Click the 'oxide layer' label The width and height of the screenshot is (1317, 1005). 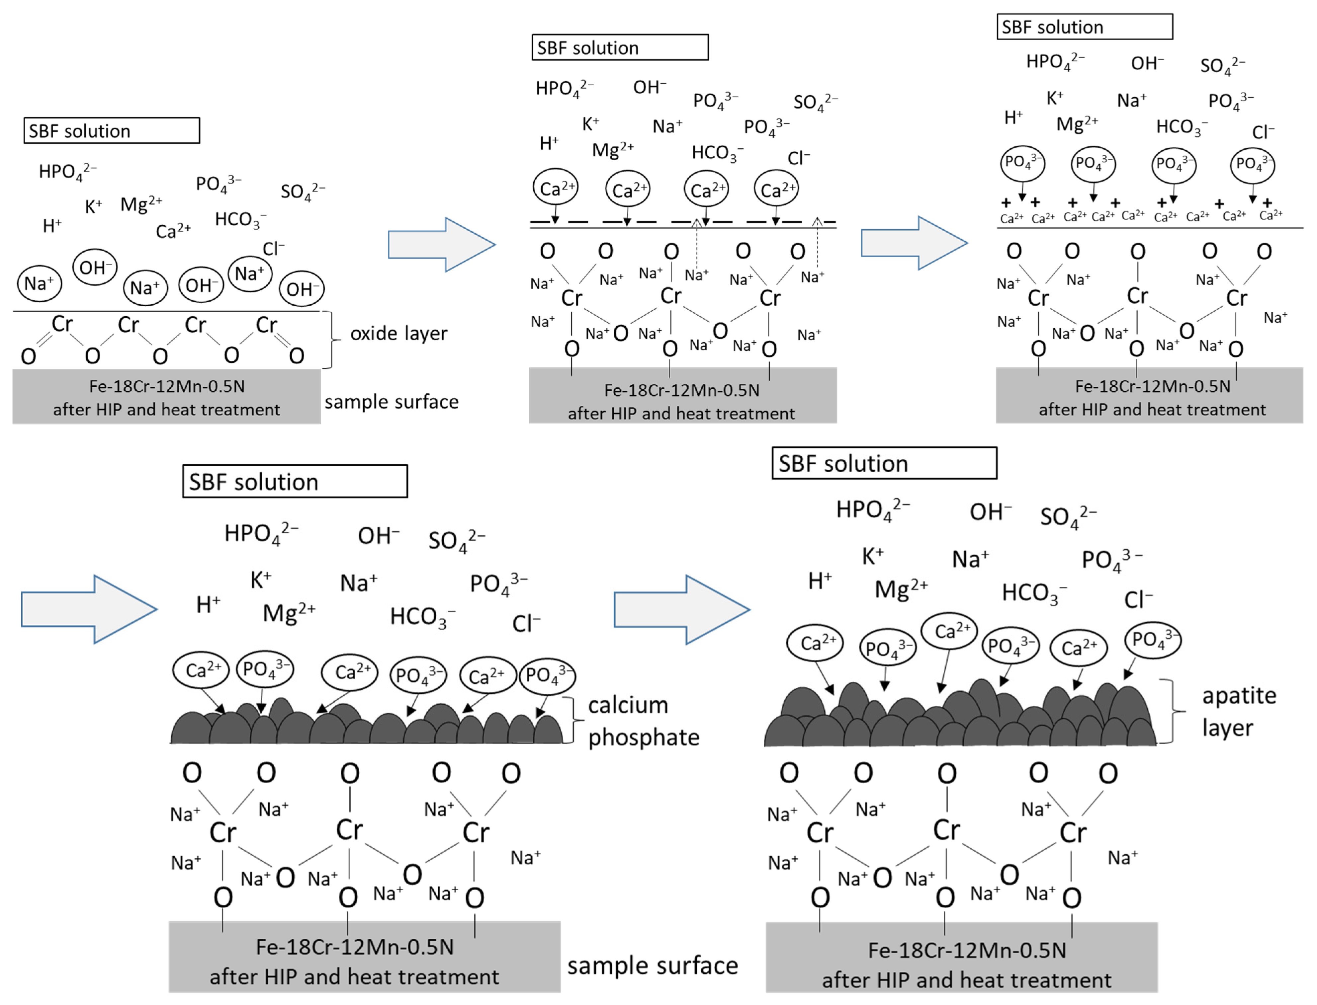pos(398,333)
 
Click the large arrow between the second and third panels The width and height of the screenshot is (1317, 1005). pos(914,243)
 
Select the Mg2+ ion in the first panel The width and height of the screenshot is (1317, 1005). pos(140,204)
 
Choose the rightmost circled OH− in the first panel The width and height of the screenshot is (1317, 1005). pos(302,289)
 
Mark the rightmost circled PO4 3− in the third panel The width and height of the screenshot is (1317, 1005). pos(1252,164)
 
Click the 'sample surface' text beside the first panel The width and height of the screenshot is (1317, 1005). pos(391,402)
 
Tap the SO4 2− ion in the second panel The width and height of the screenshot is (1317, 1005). pos(815,102)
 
